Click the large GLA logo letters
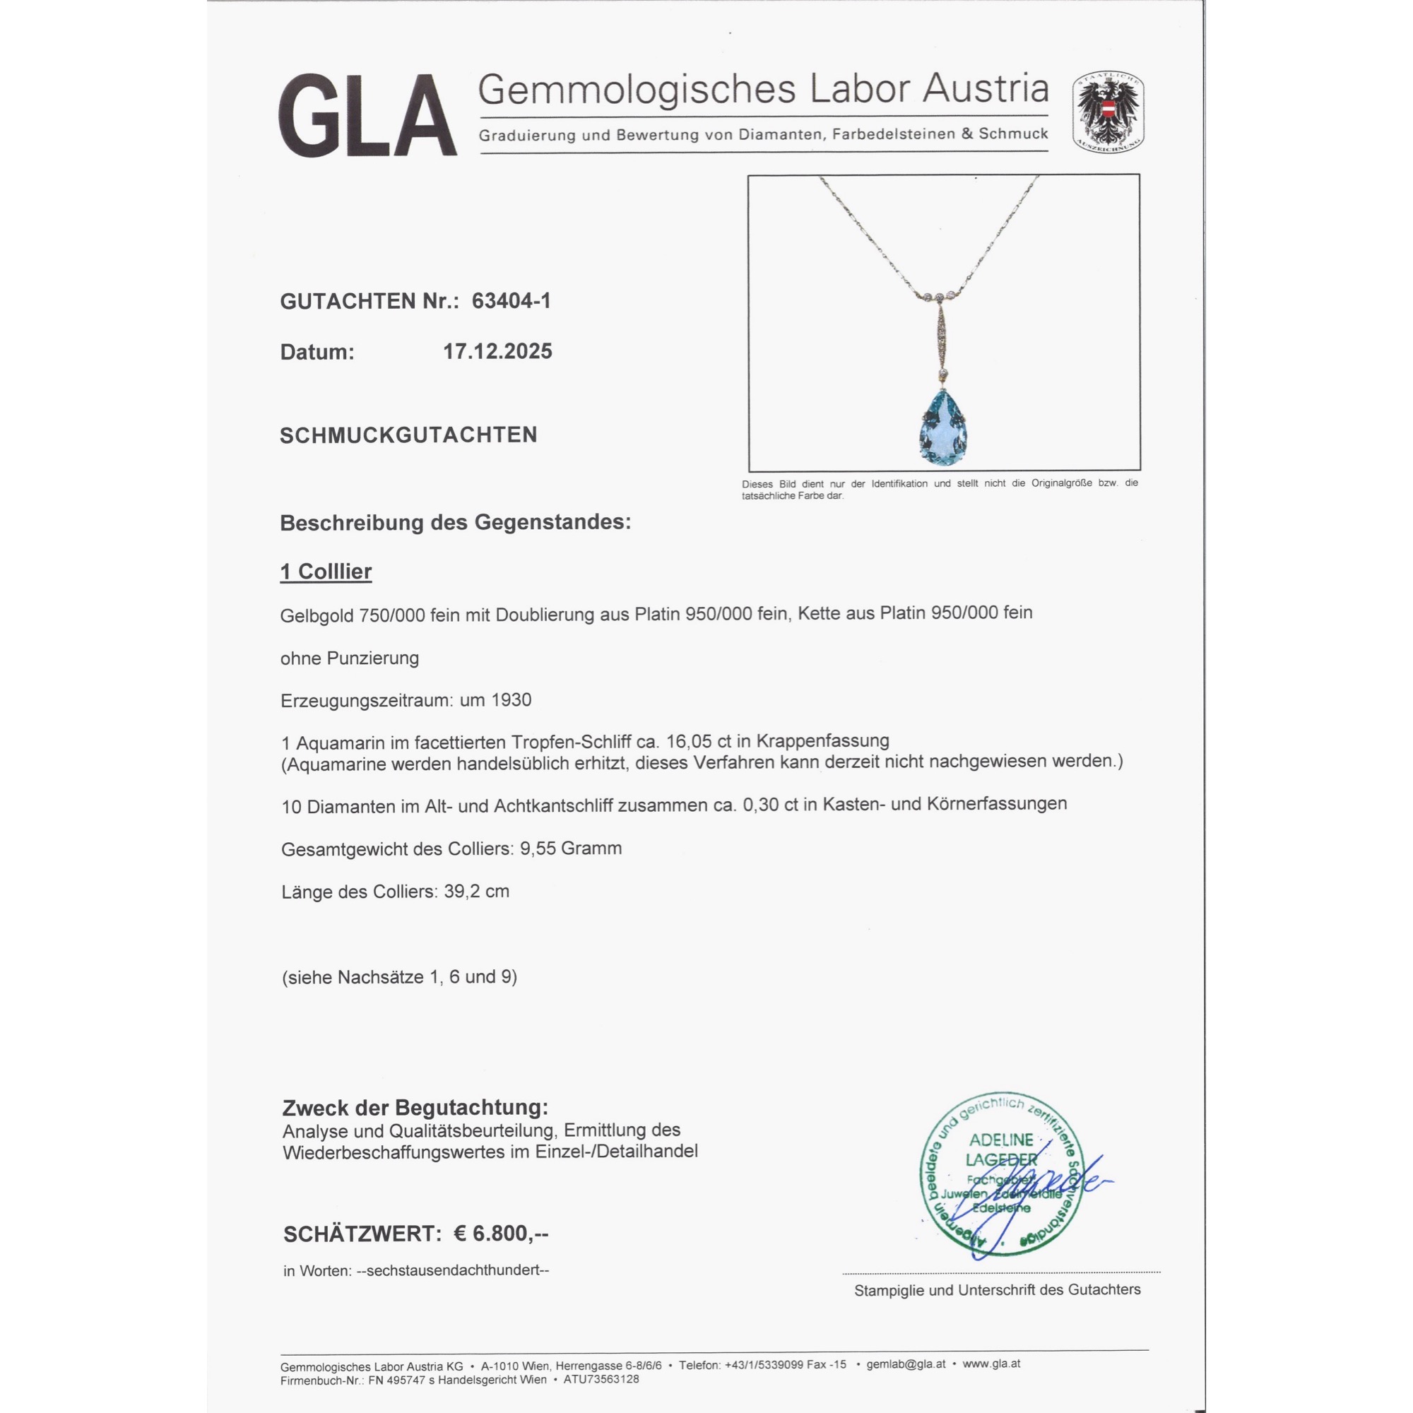[367, 116]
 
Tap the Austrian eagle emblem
[1108, 112]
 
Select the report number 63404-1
[511, 300]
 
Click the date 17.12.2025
[497, 352]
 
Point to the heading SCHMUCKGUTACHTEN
[408, 435]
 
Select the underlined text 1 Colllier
[326, 571]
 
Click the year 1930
[512, 700]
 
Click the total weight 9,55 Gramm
[570, 849]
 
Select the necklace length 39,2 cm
[476, 892]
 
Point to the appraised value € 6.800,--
[501, 1234]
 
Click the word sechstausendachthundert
[453, 1270]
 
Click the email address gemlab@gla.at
[906, 1364]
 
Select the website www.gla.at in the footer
[991, 1364]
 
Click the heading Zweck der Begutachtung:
[415, 1108]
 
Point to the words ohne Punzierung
[350, 658]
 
